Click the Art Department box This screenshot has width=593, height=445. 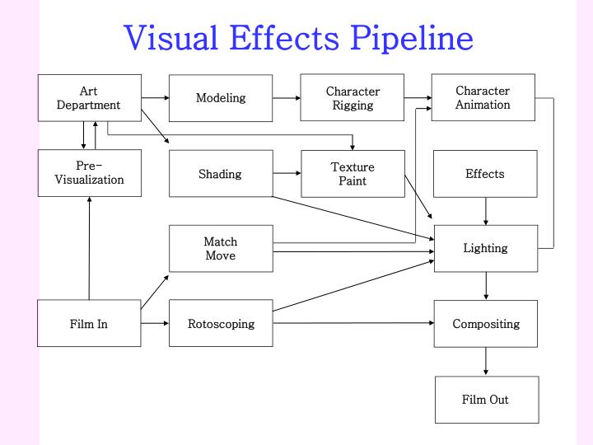89,98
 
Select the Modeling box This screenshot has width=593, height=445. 221,98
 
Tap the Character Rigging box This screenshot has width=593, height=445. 353,98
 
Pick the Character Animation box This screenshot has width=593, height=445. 483,97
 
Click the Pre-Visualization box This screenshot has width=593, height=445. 89,173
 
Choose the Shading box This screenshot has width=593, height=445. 221,174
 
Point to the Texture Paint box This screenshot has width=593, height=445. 353,174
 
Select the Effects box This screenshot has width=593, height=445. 485,174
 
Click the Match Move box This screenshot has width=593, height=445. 221,248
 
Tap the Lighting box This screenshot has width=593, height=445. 485,248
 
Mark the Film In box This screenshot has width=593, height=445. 89,323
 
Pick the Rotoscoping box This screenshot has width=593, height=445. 221,323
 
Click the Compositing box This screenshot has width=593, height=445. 486,323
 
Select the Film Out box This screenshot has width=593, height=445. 486,400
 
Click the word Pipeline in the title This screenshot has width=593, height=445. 412,38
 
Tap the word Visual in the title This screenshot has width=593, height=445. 171,38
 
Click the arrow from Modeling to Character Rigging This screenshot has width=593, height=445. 287,98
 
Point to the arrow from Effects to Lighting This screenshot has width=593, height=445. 486,211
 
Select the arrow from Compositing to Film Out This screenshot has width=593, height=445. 486,361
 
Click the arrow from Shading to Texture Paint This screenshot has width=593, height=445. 287,174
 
